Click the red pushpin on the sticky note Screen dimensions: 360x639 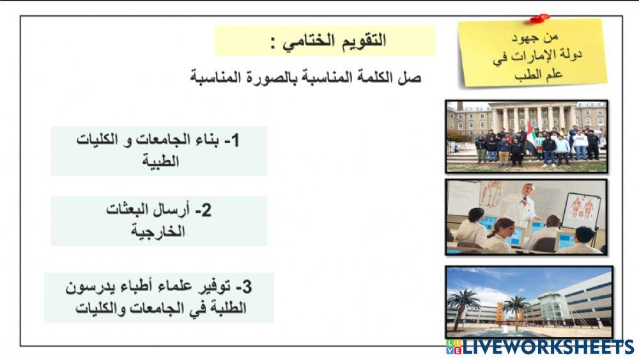pos(539,17)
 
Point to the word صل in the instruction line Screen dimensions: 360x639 pos(413,78)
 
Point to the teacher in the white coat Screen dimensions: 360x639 pos(518,205)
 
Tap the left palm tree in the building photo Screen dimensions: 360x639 pos(465,304)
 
